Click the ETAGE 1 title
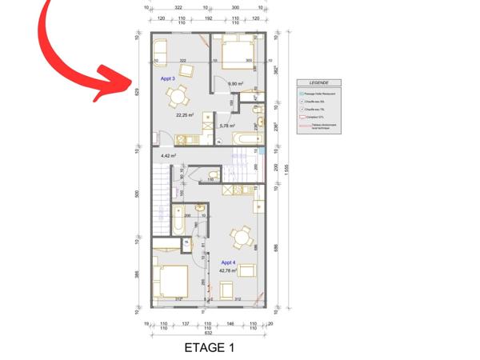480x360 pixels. coord(209,348)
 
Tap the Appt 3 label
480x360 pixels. coord(168,78)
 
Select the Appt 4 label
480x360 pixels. coord(228,262)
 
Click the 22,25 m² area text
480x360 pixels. coord(185,115)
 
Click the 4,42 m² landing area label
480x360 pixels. coord(168,156)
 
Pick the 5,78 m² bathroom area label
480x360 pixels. coord(230,126)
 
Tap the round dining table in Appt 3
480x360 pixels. coord(175,98)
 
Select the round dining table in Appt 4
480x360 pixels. coord(238,237)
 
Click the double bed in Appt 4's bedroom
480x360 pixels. coord(172,282)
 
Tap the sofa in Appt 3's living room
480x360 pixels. coord(157,51)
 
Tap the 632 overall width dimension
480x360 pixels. coord(208,332)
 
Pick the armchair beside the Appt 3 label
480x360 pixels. coord(186,70)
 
